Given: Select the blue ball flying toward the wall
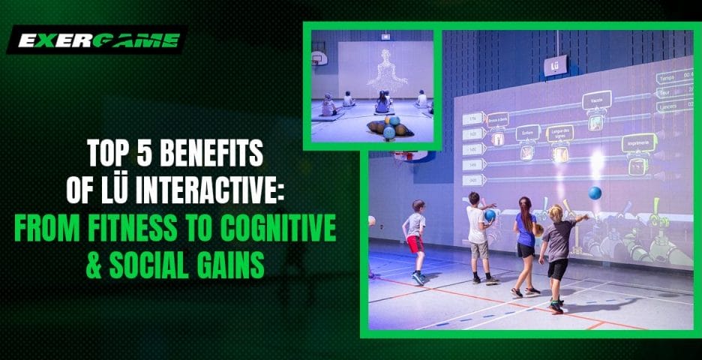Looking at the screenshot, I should [x=595, y=193].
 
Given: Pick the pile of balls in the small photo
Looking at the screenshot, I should [x=389, y=127].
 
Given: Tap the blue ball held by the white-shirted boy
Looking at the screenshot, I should [x=490, y=216].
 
